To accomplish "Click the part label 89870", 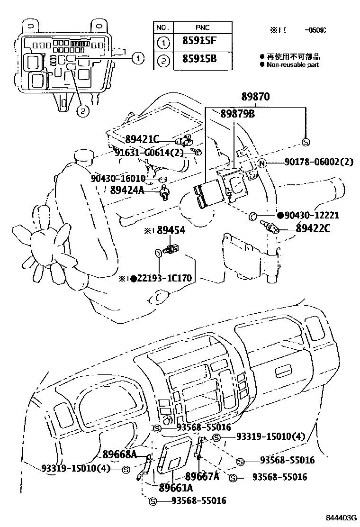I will coord(255,97).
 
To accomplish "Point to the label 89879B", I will coord(237,114).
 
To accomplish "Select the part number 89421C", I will coord(142,139).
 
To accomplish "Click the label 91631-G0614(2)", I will coord(149,152).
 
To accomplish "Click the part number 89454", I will coord(171,230).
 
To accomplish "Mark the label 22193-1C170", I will coord(165,278).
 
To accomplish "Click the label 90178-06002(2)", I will coord(319,162).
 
